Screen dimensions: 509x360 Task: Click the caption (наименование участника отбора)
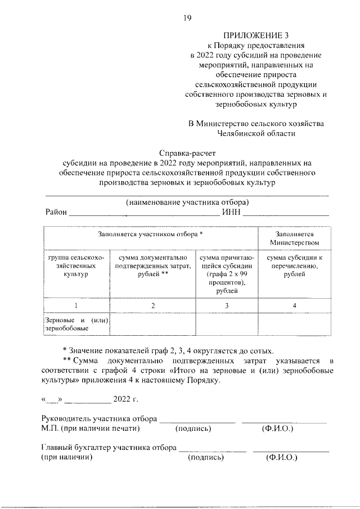(x=187, y=202)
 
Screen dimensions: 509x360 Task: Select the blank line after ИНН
(x=286, y=214)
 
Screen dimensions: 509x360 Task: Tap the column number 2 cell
(x=152, y=305)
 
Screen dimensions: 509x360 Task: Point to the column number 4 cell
(x=294, y=305)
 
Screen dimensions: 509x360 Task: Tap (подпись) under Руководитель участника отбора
(x=193, y=429)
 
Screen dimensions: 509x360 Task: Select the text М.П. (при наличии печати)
(x=91, y=429)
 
